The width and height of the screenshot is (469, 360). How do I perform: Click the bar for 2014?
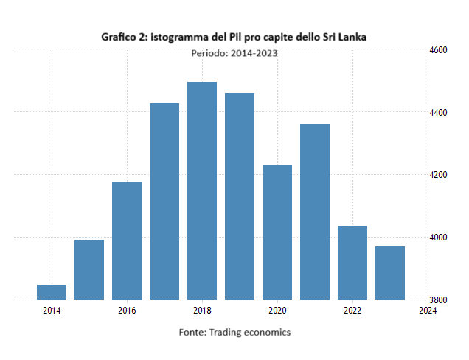pos(52,292)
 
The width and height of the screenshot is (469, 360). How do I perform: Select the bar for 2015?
pos(89,269)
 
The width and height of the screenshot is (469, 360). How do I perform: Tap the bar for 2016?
pos(127,240)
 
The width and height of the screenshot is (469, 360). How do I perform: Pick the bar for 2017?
pos(164,201)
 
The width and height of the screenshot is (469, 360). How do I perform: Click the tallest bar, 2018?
pos(202,190)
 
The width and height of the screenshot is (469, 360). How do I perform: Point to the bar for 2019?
pos(240,196)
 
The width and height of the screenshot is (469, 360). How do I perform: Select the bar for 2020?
pos(277,232)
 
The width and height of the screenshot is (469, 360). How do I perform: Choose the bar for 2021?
pos(315,212)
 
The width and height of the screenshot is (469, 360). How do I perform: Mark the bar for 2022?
pos(352,263)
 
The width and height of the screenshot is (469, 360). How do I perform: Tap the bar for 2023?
pos(390,273)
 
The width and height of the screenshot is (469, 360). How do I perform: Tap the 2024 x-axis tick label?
pos(427,311)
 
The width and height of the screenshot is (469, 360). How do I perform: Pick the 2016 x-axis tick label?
pos(127,311)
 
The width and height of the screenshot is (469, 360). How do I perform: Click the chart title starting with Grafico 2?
pos(234,35)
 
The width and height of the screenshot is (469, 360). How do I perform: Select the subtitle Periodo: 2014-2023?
pos(234,53)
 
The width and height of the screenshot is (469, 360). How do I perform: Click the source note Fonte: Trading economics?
pos(234,333)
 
